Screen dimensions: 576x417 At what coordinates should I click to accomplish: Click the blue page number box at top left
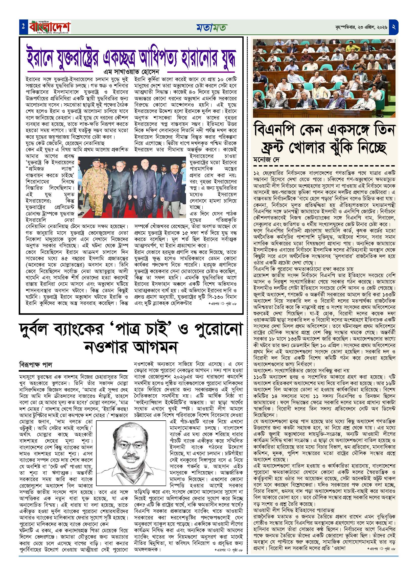[23, 27]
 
